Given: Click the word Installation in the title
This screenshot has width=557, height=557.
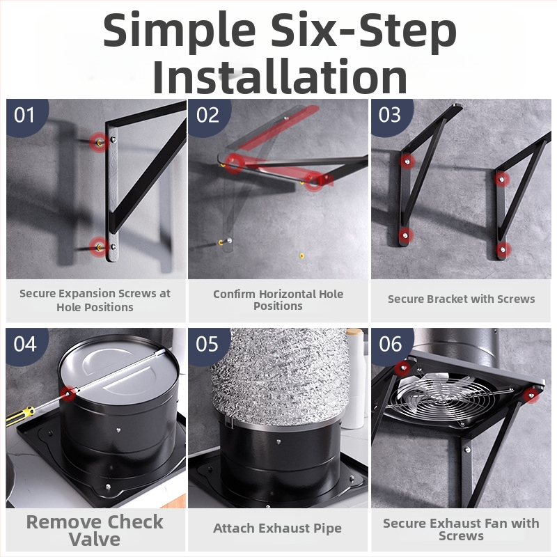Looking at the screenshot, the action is pyautogui.click(x=280, y=77).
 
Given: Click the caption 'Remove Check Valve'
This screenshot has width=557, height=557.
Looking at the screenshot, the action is pyautogui.click(x=95, y=531).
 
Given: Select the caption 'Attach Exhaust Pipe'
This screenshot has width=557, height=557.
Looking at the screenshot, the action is pyautogui.click(x=277, y=528).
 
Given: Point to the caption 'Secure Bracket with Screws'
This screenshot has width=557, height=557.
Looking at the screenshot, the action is pyautogui.click(x=461, y=299).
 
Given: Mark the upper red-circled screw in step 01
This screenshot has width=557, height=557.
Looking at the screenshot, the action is pyautogui.click(x=100, y=143).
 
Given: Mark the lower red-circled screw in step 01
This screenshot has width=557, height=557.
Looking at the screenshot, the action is pyautogui.click(x=99, y=246).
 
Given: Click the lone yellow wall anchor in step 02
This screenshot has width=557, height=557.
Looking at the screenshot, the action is pyautogui.click(x=301, y=256).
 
